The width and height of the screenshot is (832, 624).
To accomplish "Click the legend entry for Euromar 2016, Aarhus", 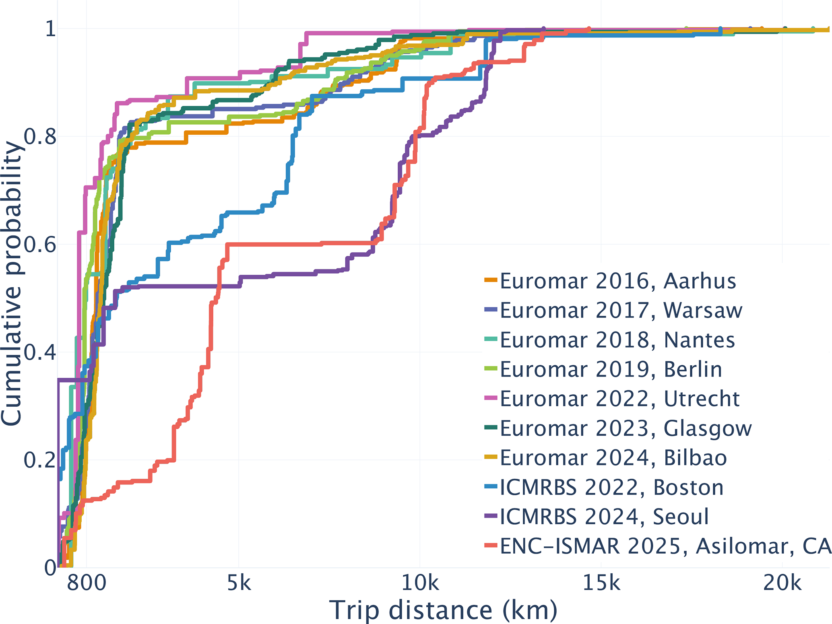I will click(x=618, y=281).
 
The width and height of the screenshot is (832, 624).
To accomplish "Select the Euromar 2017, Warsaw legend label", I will click(x=621, y=310).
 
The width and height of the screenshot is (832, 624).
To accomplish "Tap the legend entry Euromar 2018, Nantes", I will click(x=617, y=340).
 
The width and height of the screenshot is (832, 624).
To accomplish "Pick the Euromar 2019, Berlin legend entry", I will click(x=611, y=369).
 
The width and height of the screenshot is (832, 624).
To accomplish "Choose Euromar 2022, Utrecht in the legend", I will click(x=619, y=399).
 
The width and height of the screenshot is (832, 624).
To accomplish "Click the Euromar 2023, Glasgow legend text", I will click(x=626, y=428).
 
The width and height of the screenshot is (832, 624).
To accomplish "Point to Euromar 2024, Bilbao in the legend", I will click(x=613, y=458).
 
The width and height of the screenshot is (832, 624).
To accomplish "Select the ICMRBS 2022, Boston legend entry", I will click(x=612, y=487).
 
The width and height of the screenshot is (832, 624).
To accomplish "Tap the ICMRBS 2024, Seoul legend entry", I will click(x=604, y=517).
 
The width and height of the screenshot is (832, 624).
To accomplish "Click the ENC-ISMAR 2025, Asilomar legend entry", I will click(x=665, y=546).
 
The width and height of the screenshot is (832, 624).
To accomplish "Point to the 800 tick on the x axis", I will click(x=87, y=583).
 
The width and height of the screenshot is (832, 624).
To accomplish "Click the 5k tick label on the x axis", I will click(x=239, y=583).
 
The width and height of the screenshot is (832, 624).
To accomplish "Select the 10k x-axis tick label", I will click(x=420, y=583).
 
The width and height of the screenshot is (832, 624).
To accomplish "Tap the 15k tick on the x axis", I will click(x=601, y=583).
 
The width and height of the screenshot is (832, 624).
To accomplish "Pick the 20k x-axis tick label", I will click(x=782, y=583).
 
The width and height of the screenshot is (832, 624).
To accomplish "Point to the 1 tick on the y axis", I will click(x=50, y=29).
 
